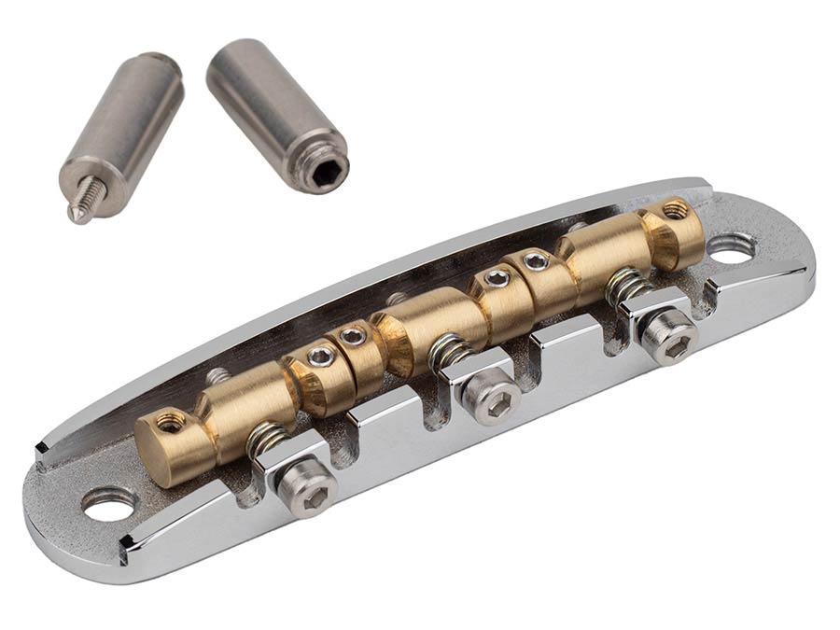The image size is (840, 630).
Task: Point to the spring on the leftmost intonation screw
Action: pos(269,440)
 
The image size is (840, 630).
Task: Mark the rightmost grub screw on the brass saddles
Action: pos(675,208)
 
